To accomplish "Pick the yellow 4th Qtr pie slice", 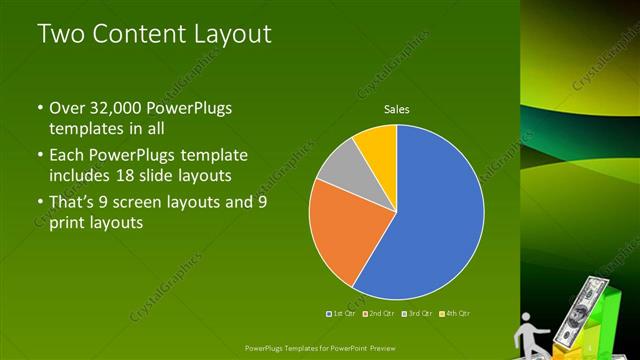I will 378,145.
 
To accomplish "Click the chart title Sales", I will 398,110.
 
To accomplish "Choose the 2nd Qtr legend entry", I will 379,313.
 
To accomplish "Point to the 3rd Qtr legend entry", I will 416,313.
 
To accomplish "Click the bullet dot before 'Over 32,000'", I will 39,107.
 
